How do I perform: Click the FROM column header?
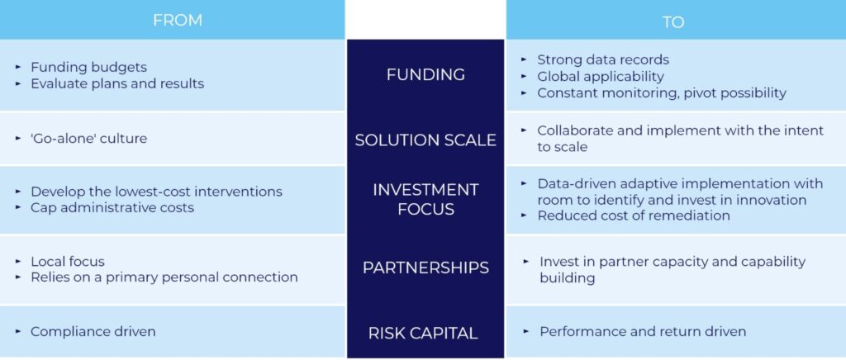click(x=178, y=21)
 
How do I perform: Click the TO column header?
click(x=673, y=22)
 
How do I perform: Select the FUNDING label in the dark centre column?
click(x=425, y=74)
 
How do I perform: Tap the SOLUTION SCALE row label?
click(x=425, y=140)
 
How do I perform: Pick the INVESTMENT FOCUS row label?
click(x=425, y=199)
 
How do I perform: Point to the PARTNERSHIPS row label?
click(x=425, y=268)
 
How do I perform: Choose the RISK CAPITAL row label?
click(x=423, y=333)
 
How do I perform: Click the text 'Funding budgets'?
click(x=88, y=68)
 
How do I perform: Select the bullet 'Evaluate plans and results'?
click(x=117, y=84)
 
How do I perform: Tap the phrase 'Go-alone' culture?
click(x=88, y=139)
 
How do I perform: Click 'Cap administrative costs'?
click(x=112, y=207)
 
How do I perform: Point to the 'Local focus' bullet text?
click(x=68, y=262)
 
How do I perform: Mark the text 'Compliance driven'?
click(x=93, y=331)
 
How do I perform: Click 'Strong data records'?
click(x=603, y=59)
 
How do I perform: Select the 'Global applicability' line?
click(x=601, y=77)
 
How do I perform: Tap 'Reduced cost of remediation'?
click(x=634, y=216)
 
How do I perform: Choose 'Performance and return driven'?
click(x=643, y=331)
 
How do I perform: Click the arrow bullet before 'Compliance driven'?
click(x=18, y=331)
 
